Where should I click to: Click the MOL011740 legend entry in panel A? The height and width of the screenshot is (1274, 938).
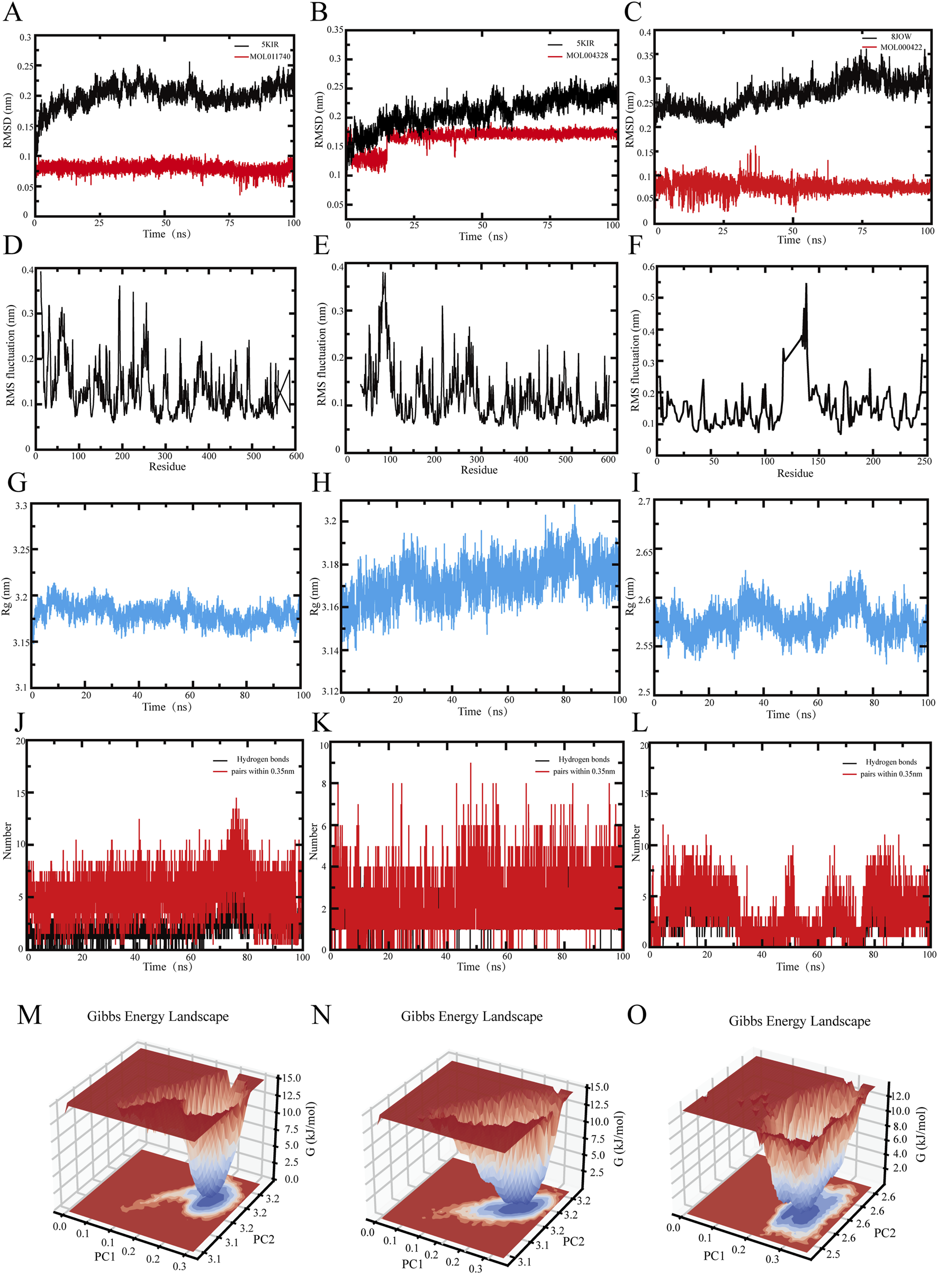[270, 56]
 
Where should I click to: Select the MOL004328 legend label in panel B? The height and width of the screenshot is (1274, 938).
[587, 55]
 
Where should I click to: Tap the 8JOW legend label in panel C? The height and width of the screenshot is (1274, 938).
[901, 37]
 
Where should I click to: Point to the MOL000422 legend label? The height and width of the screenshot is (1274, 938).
[901, 47]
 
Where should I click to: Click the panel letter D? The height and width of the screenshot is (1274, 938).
[13, 245]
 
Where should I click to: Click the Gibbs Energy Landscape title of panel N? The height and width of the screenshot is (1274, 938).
[471, 1017]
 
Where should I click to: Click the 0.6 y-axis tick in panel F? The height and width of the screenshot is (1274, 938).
[648, 267]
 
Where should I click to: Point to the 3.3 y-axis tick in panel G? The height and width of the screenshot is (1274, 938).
[21, 506]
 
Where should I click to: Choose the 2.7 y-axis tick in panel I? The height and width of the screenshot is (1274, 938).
[644, 502]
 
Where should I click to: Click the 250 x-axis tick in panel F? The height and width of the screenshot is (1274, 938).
[924, 461]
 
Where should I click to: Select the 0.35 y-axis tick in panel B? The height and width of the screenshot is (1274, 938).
[335, 30]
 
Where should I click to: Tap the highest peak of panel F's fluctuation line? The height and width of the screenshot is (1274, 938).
[806, 284]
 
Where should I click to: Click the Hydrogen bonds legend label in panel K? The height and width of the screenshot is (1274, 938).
[584, 759]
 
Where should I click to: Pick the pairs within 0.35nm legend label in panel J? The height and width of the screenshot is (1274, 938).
[263, 771]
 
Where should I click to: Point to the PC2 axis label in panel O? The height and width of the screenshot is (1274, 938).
[885, 1233]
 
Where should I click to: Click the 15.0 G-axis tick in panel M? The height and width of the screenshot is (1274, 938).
[291, 1078]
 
